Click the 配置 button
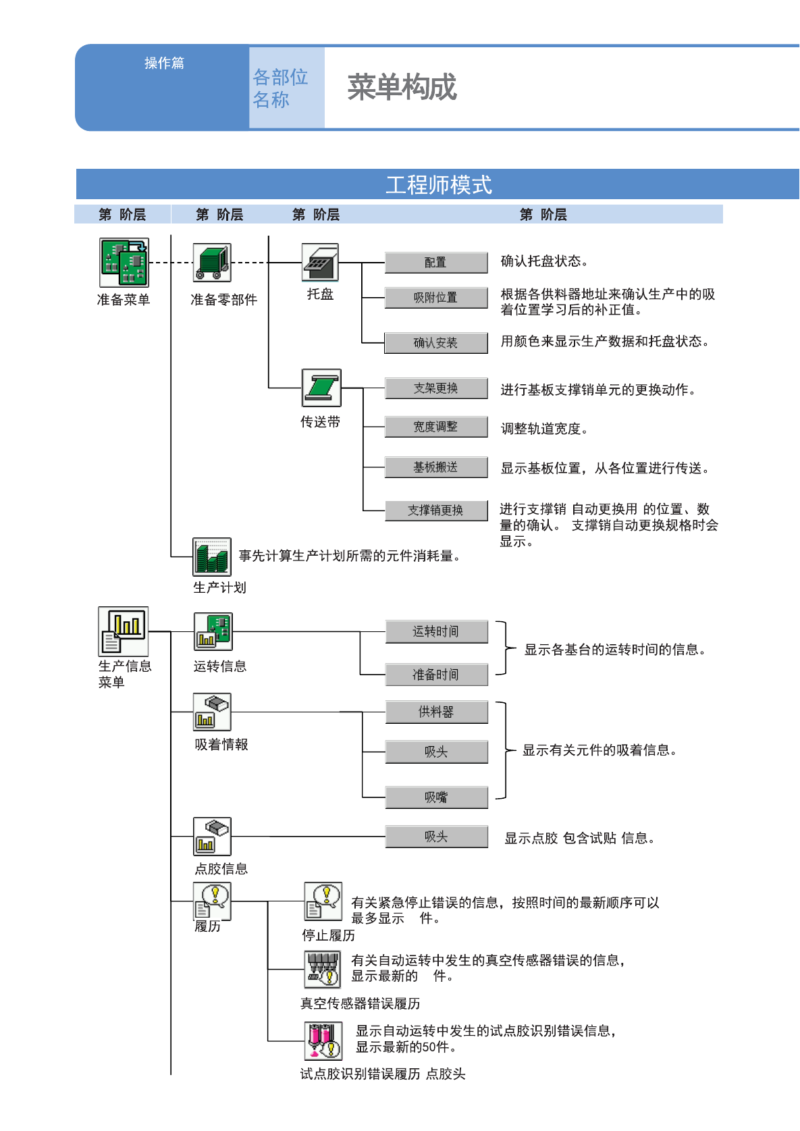point(436,263)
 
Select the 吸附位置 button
point(436,297)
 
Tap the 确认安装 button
point(436,343)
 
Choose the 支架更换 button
point(436,388)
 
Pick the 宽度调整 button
point(436,427)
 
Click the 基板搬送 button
point(436,467)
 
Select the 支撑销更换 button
point(436,510)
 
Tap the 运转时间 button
point(436,631)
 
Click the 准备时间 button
point(436,675)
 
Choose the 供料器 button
point(436,712)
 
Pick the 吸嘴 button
point(436,797)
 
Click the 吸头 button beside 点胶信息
point(436,837)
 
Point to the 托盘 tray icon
point(320,262)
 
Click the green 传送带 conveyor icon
point(321,388)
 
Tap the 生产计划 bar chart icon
point(212,557)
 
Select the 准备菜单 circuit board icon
point(124,263)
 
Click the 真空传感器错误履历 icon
point(322,969)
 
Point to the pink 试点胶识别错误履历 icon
point(323,1041)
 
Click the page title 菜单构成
point(402,87)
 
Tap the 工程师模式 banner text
point(439,185)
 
